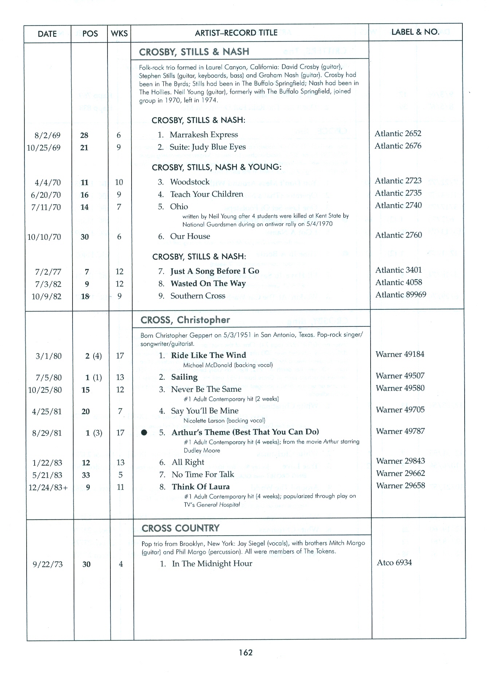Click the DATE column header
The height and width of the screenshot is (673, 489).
(47, 34)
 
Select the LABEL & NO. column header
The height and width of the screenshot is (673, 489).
(415, 32)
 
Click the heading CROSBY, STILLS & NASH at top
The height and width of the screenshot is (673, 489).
(194, 52)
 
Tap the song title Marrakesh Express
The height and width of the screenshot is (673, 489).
(204, 135)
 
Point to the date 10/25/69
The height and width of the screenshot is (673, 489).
(44, 148)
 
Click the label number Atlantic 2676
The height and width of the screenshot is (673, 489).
(398, 146)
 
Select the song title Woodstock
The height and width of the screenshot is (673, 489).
(190, 182)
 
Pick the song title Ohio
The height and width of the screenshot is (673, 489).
(179, 207)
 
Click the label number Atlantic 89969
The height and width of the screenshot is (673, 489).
(400, 295)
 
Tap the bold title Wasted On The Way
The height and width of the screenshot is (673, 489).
(208, 283)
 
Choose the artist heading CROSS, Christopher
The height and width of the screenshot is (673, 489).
(185, 320)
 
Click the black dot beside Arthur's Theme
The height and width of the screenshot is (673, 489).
(144, 433)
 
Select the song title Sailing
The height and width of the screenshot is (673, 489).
(184, 377)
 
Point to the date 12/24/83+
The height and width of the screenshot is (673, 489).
(48, 488)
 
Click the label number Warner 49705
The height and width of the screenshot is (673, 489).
(400, 410)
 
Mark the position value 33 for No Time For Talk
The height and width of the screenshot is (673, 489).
(86, 475)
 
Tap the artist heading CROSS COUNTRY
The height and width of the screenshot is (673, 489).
(180, 528)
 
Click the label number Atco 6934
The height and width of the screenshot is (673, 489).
(394, 563)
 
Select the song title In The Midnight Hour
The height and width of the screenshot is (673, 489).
(212, 564)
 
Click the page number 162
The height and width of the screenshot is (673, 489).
(246, 652)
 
